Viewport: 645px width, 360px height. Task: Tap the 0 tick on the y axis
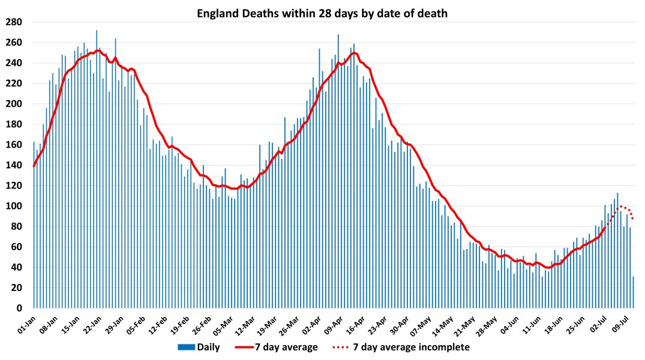[19, 308]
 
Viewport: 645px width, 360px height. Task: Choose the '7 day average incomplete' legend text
[411, 347]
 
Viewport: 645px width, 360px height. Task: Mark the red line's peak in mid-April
[355, 53]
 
